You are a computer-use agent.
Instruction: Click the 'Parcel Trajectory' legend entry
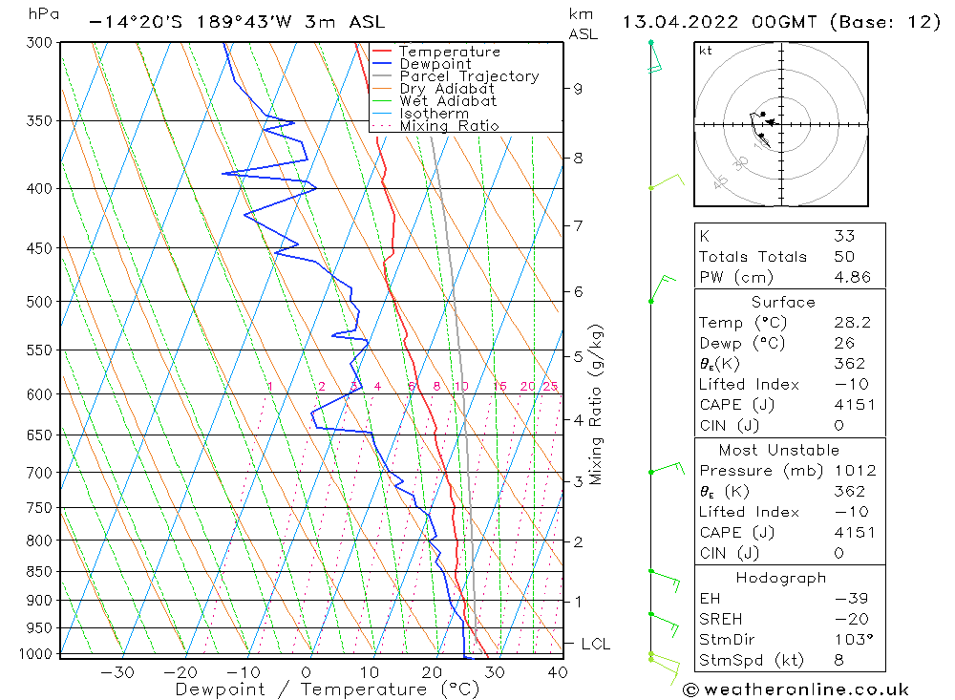[469, 76]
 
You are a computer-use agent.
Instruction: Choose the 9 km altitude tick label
[578, 89]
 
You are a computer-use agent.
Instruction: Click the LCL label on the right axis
[595, 645]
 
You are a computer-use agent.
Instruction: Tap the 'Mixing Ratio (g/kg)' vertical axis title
[596, 405]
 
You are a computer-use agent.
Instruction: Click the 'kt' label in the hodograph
[705, 51]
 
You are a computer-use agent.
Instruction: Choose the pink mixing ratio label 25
[550, 387]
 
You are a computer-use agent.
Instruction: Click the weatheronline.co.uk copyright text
[796, 689]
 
